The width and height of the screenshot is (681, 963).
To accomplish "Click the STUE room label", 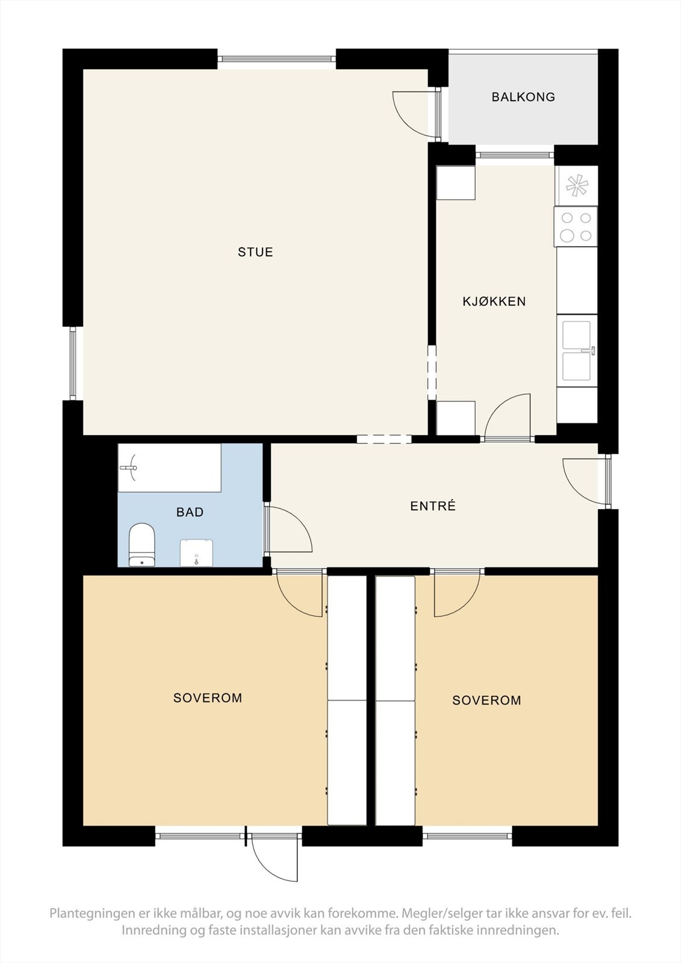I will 255,252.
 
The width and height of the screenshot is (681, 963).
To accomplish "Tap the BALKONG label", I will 523,97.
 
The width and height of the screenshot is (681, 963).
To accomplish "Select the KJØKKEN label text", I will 494,302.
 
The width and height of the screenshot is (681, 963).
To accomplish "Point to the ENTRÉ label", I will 433,506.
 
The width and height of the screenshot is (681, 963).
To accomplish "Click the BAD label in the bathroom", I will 190,512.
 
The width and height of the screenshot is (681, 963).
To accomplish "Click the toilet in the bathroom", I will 142,544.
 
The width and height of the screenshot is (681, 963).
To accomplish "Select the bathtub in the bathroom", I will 169,468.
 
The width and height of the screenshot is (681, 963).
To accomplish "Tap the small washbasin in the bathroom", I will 196,553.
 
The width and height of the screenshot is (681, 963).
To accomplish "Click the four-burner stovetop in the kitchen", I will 576,226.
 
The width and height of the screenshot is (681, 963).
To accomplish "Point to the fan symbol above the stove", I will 577,185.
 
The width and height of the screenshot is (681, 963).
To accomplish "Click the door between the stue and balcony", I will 414,113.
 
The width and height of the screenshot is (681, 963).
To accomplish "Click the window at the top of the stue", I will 276,59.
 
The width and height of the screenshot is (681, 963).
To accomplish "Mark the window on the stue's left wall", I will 73,363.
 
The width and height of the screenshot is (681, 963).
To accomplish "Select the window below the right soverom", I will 467,835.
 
